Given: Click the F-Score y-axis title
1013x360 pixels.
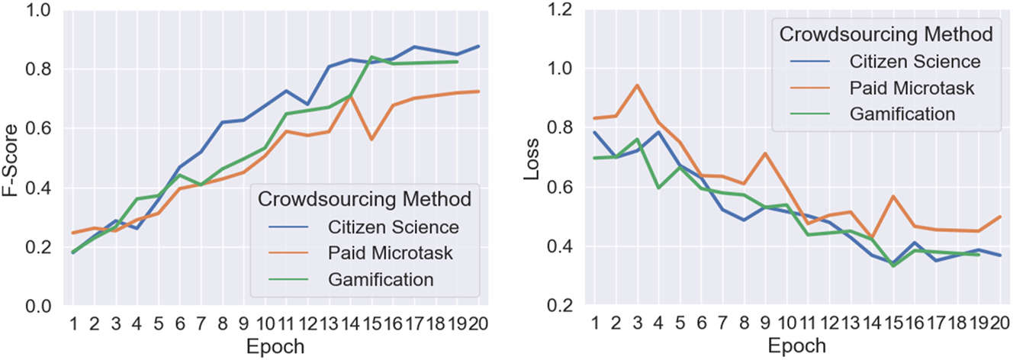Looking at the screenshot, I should click(x=13, y=158).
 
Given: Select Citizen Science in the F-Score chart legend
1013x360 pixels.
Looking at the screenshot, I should click(x=393, y=227).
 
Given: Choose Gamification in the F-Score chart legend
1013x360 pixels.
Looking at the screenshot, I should click(x=381, y=280).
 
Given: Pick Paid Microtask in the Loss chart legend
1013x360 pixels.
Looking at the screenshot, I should click(x=912, y=87).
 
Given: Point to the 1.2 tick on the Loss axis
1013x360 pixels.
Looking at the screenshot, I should click(x=561, y=10).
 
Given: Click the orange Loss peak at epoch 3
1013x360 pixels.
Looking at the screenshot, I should click(x=636, y=85).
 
